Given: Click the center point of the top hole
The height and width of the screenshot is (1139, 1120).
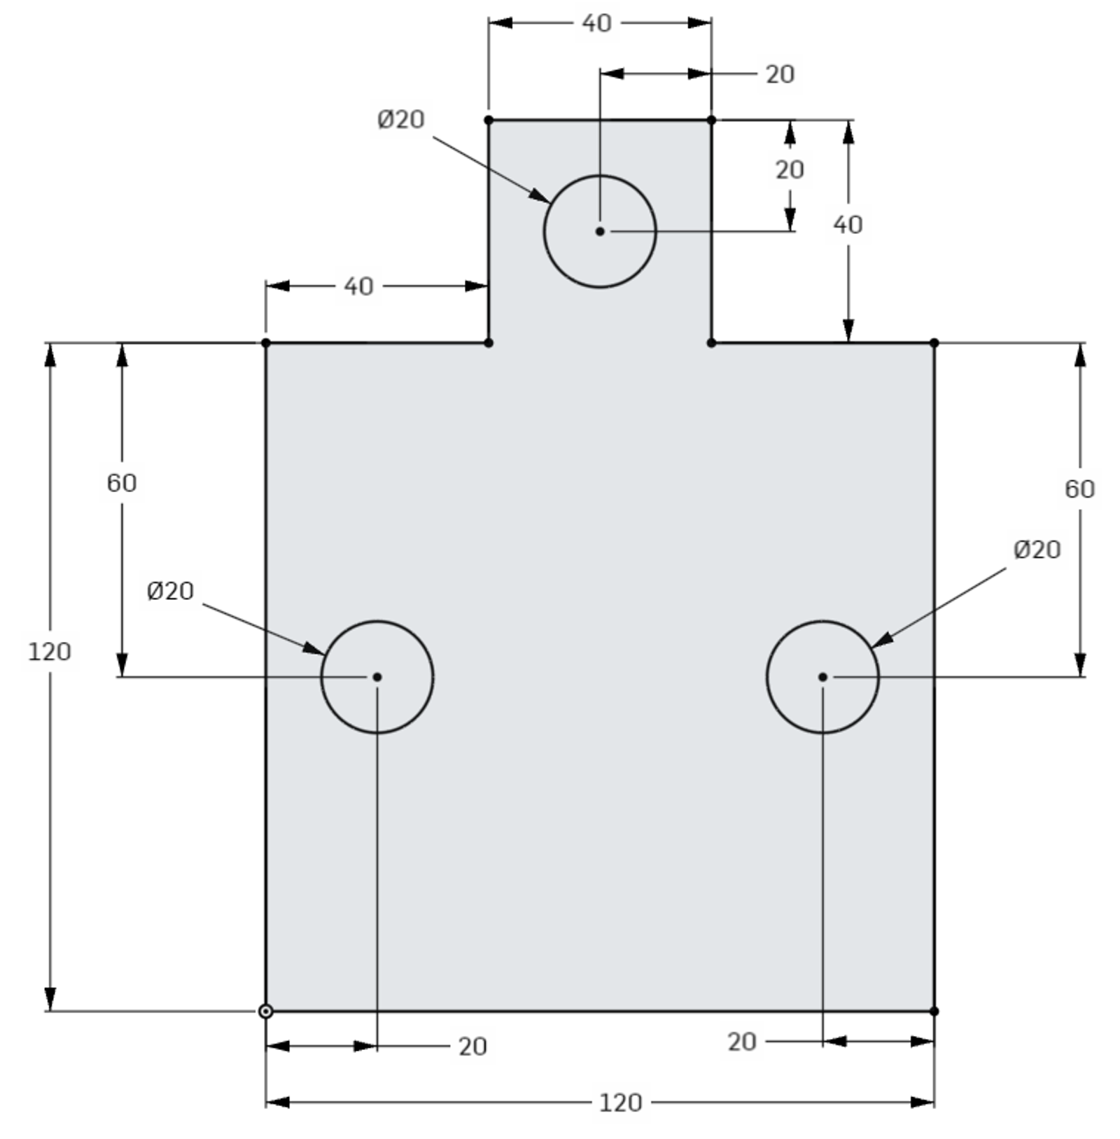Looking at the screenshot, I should tap(599, 231).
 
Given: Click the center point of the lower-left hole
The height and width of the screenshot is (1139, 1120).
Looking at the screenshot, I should tap(377, 677).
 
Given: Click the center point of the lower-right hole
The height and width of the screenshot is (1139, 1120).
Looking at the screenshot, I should tap(822, 677).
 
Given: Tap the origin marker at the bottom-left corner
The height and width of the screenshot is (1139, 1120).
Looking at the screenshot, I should tap(265, 1011).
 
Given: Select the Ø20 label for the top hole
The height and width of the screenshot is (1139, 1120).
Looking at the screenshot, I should tap(400, 120).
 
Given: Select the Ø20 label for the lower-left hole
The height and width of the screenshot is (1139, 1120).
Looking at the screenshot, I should tap(170, 591).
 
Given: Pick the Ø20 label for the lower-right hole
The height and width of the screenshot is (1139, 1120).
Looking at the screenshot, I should tap(1037, 550).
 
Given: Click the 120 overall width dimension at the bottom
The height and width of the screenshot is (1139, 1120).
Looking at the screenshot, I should tap(620, 1103).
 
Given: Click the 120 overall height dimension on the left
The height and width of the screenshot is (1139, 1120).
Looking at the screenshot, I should tap(49, 652).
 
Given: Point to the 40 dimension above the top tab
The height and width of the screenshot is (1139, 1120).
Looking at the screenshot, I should tap(596, 23).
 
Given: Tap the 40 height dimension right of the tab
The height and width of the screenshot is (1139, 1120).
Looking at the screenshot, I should tap(848, 225).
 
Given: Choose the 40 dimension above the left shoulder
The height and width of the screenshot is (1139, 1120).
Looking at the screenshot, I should tap(358, 286).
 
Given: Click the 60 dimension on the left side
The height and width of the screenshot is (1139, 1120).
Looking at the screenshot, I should tap(122, 483).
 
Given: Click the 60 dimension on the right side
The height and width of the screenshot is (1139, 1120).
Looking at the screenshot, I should tap(1079, 489).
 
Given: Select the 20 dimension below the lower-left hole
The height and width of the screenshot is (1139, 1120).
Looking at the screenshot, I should tap(472, 1047).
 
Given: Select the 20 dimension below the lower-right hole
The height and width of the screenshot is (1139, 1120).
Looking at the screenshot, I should tap(742, 1042).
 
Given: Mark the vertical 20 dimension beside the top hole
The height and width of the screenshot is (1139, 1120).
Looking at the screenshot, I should tap(790, 169).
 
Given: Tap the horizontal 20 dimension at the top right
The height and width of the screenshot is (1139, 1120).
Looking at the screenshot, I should tap(780, 74).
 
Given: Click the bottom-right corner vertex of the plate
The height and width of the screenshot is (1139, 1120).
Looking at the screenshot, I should tap(934, 1011).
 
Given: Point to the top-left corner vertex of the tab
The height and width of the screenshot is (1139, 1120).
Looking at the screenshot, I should tap(489, 120).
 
